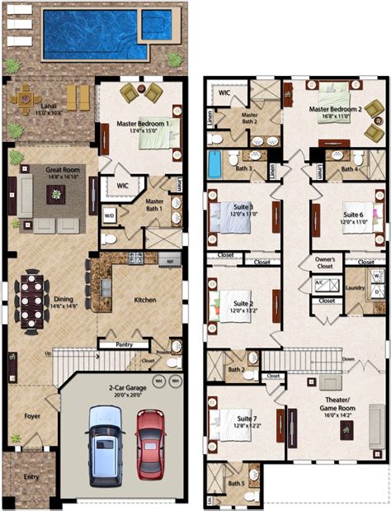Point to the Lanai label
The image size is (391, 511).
pyautogui.click(x=27, y=107)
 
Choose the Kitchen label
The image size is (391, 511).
pyautogui.click(x=144, y=300)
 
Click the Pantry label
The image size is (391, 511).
pyautogui.click(x=125, y=344)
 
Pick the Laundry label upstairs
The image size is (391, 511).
pyautogui.click(x=355, y=287)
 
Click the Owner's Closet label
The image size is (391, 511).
pyautogui.click(x=325, y=263)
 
